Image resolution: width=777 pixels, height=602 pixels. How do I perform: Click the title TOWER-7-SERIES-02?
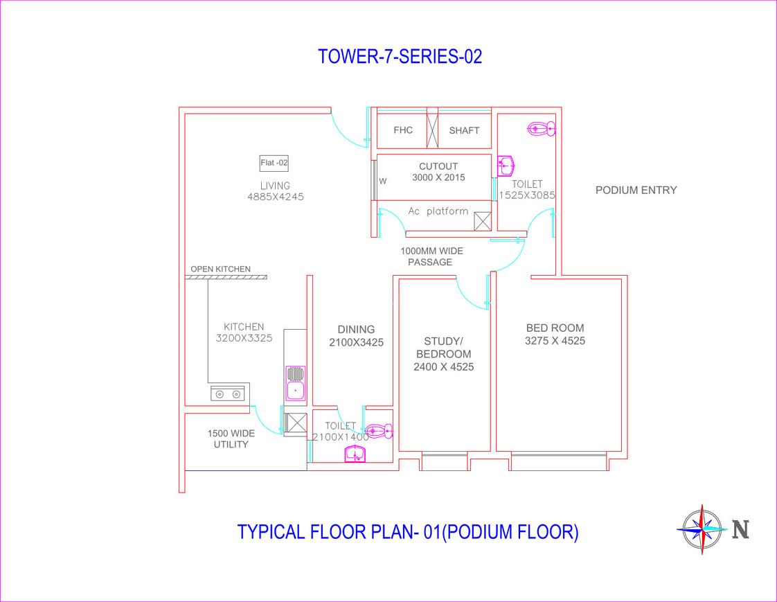click(x=400, y=57)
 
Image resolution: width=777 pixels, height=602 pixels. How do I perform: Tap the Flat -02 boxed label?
click(x=274, y=163)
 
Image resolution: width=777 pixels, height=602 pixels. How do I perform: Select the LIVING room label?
click(x=275, y=186)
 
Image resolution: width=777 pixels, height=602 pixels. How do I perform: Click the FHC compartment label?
click(x=403, y=130)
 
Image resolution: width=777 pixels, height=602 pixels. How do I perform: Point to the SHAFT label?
click(x=464, y=130)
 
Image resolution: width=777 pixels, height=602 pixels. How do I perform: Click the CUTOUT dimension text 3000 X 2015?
click(x=438, y=177)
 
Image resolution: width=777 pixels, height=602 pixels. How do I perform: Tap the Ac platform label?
click(x=438, y=211)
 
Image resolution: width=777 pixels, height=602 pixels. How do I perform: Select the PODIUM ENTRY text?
click(x=636, y=191)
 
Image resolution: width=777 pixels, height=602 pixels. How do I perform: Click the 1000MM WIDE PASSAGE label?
click(x=431, y=256)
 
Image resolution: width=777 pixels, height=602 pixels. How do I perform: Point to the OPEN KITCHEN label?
click(x=221, y=269)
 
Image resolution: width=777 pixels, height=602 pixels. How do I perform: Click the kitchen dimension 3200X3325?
click(x=244, y=339)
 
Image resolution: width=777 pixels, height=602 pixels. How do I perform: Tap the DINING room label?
click(x=356, y=330)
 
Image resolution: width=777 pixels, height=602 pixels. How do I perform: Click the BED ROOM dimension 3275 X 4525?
click(x=555, y=341)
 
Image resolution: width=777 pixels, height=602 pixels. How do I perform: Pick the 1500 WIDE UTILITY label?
click(x=231, y=439)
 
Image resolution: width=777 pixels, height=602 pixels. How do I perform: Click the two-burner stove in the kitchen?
click(x=228, y=393)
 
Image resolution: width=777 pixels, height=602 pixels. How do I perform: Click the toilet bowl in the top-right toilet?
click(x=541, y=128)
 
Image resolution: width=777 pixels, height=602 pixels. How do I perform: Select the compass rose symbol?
click(x=702, y=529)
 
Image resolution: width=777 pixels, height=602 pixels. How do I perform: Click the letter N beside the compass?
click(x=740, y=529)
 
